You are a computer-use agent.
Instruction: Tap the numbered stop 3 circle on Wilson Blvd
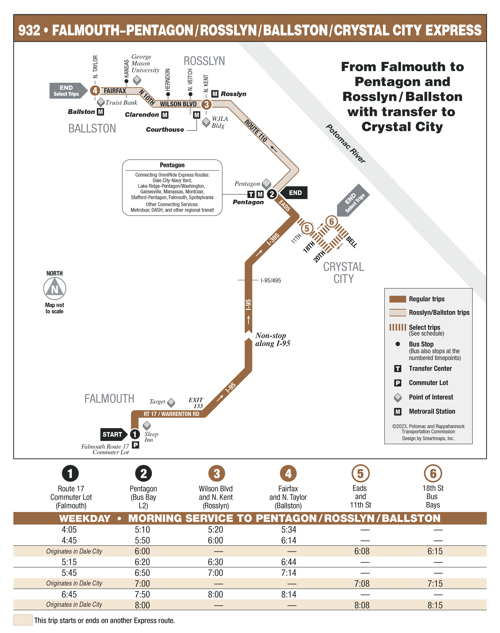pyautogui.click(x=206, y=104)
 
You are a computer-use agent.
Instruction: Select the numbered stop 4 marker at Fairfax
pyautogui.click(x=95, y=90)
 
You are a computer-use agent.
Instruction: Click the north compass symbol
pyautogui.click(x=54, y=289)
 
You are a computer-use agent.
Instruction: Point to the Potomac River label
pyautogui.click(x=345, y=143)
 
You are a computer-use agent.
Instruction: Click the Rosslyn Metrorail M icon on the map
pyautogui.click(x=215, y=94)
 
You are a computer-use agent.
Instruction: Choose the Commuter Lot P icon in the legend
pyautogui.click(x=397, y=383)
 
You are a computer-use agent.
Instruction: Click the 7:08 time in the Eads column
pyautogui.click(x=362, y=584)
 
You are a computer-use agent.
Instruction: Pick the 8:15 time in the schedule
pyautogui.click(x=435, y=605)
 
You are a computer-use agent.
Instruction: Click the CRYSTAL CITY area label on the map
pyautogui.click(x=343, y=272)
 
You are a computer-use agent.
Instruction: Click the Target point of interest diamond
pyautogui.click(x=171, y=403)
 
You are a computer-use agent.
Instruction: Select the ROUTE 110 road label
pyautogui.click(x=256, y=131)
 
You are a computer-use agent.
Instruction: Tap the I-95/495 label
pyautogui.click(x=271, y=280)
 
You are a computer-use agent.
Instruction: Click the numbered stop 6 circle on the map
pyautogui.click(x=331, y=221)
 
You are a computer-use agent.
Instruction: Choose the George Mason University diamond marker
pyautogui.click(x=137, y=80)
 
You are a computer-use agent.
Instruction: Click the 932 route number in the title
pyautogui.click(x=29, y=30)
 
